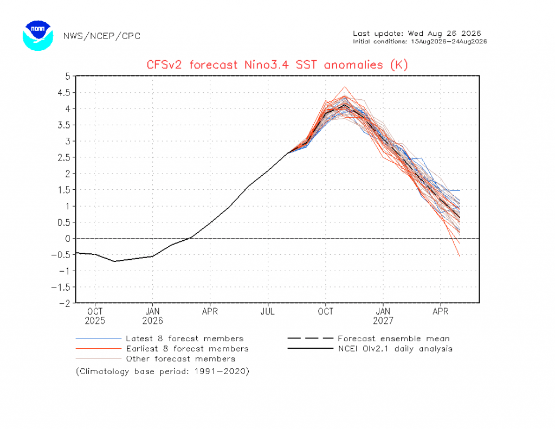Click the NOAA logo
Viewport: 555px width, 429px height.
(38, 35)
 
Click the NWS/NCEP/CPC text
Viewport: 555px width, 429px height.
(102, 36)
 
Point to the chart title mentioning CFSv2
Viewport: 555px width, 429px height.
(277, 65)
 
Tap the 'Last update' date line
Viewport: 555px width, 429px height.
(417, 34)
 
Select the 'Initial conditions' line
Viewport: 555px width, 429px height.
(420, 41)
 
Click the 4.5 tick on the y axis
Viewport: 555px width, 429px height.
(64, 92)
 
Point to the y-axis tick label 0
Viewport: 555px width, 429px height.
(68, 239)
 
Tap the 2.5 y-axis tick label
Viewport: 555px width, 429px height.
(64, 157)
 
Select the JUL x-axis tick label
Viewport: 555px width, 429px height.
(268, 311)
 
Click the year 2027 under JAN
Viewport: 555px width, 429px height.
(383, 321)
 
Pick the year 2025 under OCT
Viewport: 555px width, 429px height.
(95, 321)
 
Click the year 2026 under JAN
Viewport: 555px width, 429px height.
(152, 321)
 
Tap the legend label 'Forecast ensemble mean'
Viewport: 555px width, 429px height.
(393, 338)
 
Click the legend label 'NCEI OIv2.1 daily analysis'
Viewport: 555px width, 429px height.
(395, 349)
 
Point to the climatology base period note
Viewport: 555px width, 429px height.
(163, 372)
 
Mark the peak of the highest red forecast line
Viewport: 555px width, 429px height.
(345, 86)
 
